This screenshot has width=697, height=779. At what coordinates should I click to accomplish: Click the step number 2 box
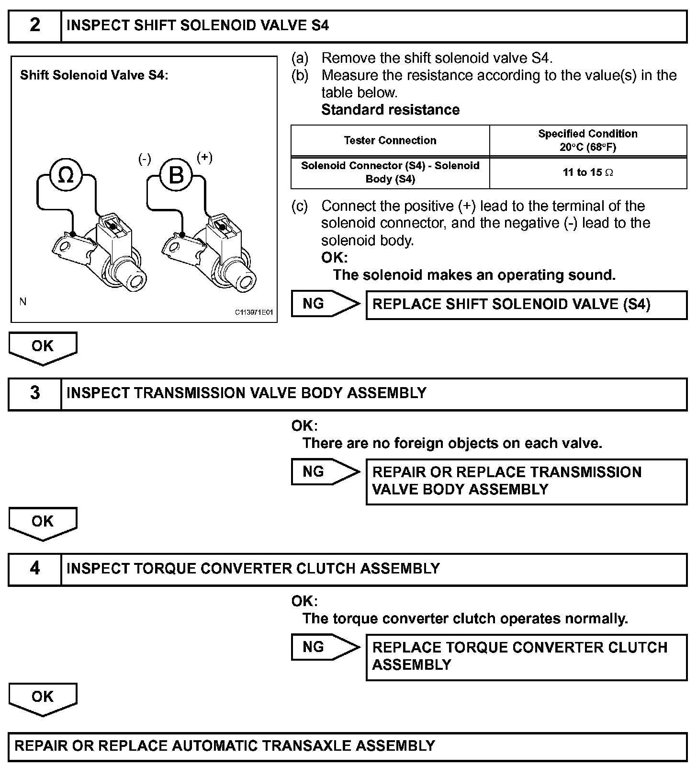click(35, 25)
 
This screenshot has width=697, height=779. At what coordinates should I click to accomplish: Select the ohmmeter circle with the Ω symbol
click(66, 176)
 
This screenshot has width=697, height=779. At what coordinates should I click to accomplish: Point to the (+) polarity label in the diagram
click(204, 158)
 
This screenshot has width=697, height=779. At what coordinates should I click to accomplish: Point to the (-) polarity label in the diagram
click(145, 159)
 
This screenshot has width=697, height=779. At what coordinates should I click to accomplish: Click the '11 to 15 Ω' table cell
click(588, 172)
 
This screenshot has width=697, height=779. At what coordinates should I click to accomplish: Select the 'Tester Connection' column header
click(390, 140)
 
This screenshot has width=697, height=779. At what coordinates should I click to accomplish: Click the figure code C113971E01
click(254, 312)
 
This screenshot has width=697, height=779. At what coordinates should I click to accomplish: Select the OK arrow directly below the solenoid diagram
click(43, 347)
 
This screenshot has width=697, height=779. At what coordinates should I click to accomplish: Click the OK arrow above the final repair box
click(43, 698)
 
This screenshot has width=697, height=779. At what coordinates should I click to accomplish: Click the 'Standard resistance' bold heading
click(390, 110)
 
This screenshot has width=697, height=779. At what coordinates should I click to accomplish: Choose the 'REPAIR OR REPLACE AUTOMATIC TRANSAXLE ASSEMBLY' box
click(348, 746)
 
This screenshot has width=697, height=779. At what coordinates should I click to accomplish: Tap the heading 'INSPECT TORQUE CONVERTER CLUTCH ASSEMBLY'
click(253, 568)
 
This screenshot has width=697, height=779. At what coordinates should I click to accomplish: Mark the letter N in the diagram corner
click(23, 302)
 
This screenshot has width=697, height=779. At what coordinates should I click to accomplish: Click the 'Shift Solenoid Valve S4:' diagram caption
click(94, 75)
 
